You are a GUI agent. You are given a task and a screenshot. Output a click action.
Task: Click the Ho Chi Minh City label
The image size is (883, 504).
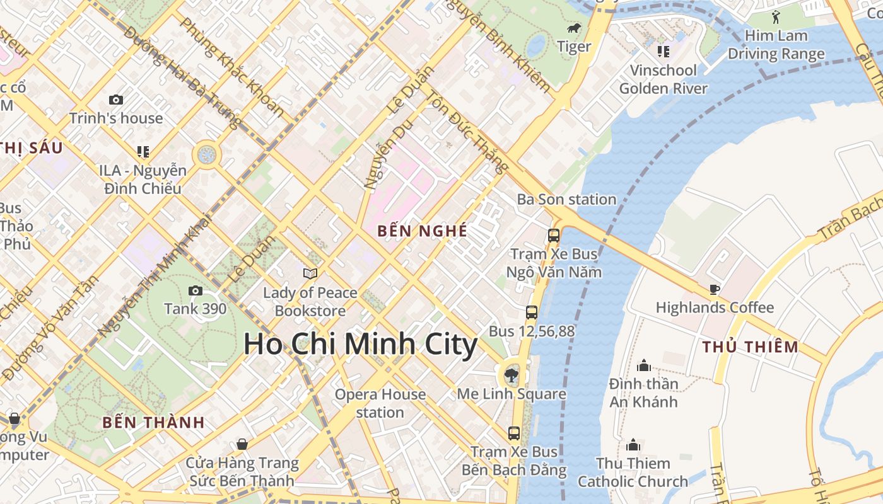pos(360,345)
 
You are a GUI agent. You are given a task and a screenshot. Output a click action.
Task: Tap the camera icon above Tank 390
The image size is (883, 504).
pos(196,290)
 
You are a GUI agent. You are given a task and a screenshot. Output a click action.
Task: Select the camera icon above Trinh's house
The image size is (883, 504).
pos(116,100)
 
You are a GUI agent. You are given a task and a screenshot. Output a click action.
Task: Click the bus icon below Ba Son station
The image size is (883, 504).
pos(554,236)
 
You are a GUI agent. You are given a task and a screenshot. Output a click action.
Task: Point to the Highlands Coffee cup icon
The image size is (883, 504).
pos(714,289)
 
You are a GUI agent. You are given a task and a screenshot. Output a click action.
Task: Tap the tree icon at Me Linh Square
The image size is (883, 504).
pos(511,376)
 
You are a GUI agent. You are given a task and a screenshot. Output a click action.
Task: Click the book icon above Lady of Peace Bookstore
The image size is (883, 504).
pos(310,273)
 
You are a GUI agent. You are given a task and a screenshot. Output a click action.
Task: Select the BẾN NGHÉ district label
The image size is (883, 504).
pos(423,231)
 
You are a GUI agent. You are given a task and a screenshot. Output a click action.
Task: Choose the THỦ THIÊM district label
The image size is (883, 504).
pos(751,347)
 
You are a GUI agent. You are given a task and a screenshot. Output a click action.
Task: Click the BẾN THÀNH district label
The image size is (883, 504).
pos(154,422)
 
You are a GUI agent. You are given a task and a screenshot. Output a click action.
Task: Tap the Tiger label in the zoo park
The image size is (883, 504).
pos(574,47)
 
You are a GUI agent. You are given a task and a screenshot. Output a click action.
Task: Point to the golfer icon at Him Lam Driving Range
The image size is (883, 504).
pos(776,17)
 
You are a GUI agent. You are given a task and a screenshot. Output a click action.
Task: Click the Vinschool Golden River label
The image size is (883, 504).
pos(664,79)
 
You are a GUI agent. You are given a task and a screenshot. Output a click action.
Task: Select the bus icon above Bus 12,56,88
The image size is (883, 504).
pos(532,312)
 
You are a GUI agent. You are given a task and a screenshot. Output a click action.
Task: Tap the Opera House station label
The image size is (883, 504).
pos(380,403)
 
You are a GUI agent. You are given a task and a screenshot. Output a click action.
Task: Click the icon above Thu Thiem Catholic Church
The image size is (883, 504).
pos(633,445)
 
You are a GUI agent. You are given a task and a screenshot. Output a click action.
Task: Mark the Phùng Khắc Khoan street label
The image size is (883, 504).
pos(232,67)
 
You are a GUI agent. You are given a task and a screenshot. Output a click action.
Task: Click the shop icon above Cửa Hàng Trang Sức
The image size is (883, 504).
pos(242,445)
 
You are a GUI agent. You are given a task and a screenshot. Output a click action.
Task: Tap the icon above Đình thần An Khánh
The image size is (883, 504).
pos(644,365)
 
